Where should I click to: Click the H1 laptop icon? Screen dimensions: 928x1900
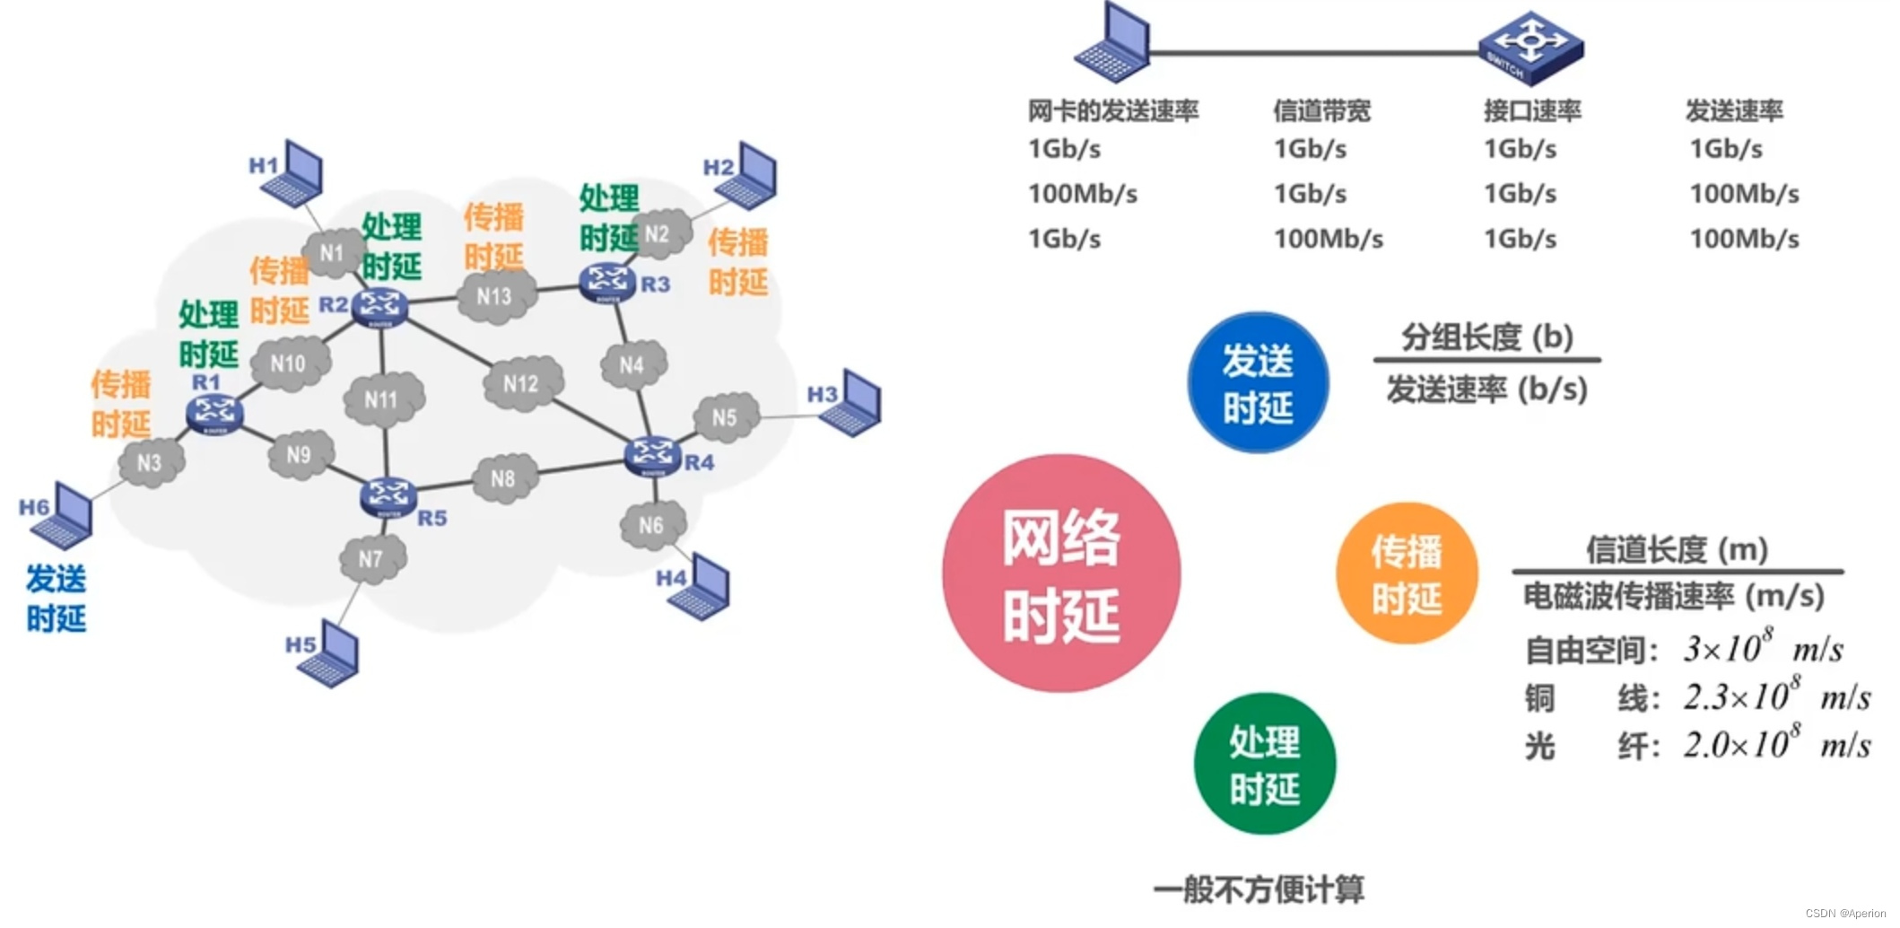(292, 173)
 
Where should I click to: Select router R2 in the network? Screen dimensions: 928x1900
(379, 307)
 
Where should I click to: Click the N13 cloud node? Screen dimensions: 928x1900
(495, 296)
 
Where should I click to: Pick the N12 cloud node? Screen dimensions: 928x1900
(522, 384)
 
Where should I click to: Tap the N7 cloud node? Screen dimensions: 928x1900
(371, 559)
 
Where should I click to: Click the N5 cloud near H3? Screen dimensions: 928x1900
(725, 417)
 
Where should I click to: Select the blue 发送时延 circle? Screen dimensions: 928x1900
(1258, 383)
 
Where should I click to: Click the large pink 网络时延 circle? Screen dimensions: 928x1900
(1061, 573)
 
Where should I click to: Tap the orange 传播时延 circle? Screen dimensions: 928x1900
(1406, 573)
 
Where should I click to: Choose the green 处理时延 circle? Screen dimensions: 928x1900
(1264, 764)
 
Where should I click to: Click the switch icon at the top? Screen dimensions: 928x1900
(1530, 47)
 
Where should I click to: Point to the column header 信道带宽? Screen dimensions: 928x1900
(1321, 111)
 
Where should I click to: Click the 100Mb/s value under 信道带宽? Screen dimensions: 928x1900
(1329, 239)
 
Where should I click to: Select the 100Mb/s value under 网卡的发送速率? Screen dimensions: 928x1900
(1083, 194)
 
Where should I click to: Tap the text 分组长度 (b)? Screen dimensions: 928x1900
(1487, 337)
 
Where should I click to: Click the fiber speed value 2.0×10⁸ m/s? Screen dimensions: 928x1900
(1776, 745)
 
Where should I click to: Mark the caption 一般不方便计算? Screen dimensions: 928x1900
(1259, 889)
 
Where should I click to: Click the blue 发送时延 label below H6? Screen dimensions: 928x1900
(56, 598)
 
